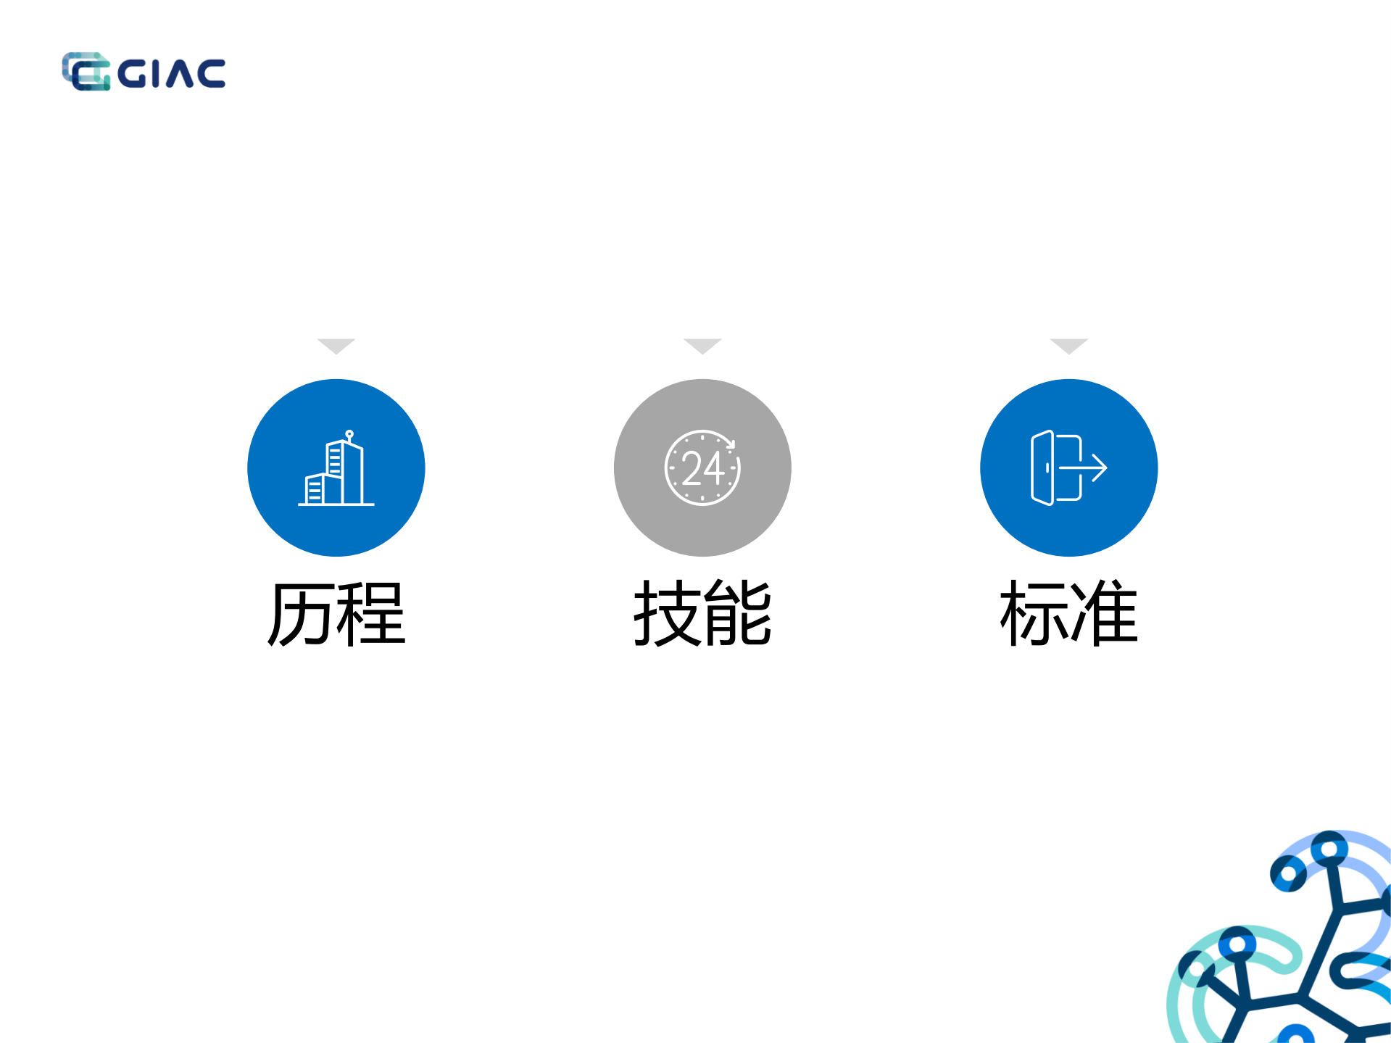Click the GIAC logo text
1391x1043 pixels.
171,73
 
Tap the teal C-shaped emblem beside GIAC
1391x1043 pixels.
86,72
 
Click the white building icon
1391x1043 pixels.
336,468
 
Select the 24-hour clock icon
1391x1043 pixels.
702,468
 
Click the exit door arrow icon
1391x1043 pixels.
1068,468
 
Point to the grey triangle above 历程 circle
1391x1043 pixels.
336,345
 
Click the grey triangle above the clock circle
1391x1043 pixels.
702,345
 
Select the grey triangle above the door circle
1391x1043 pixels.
1068,345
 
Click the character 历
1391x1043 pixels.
301,614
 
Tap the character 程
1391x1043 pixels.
370,614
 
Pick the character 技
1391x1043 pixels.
667,614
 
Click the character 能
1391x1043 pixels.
738,614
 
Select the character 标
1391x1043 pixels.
1034,614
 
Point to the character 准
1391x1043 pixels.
1104,614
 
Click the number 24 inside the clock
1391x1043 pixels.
702,468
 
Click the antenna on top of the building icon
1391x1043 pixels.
349,435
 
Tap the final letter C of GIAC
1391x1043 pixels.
210,74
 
